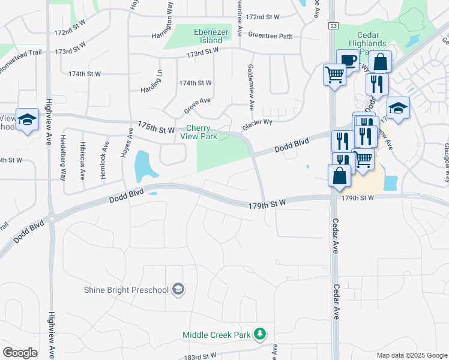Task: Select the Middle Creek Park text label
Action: pos(218,334)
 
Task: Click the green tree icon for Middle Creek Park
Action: pos(260,334)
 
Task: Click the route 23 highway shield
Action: pos(333,25)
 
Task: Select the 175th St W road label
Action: pos(155,127)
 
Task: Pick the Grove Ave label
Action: pos(197,106)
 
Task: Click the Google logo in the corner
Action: pos(20,353)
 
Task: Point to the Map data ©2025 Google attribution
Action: pos(411,355)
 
